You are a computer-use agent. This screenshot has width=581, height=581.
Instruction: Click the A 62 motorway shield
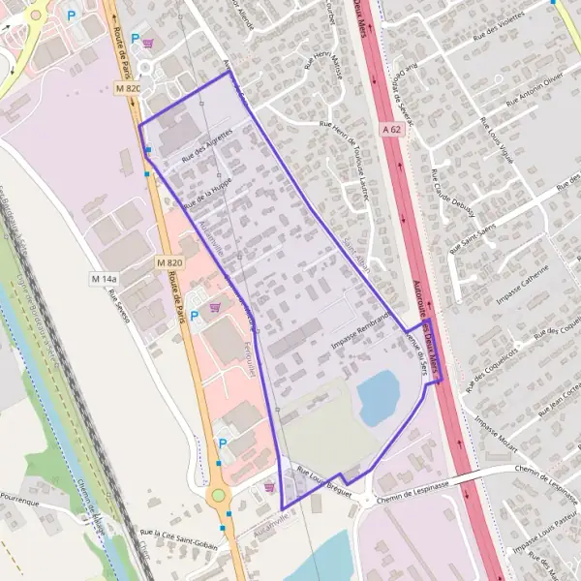pos(390,128)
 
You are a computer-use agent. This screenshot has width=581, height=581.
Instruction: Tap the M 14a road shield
pos(104,280)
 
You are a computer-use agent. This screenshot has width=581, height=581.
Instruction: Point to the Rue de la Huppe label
pos(207,190)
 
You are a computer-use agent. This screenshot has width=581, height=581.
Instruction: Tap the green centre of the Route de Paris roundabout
pos(218,496)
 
